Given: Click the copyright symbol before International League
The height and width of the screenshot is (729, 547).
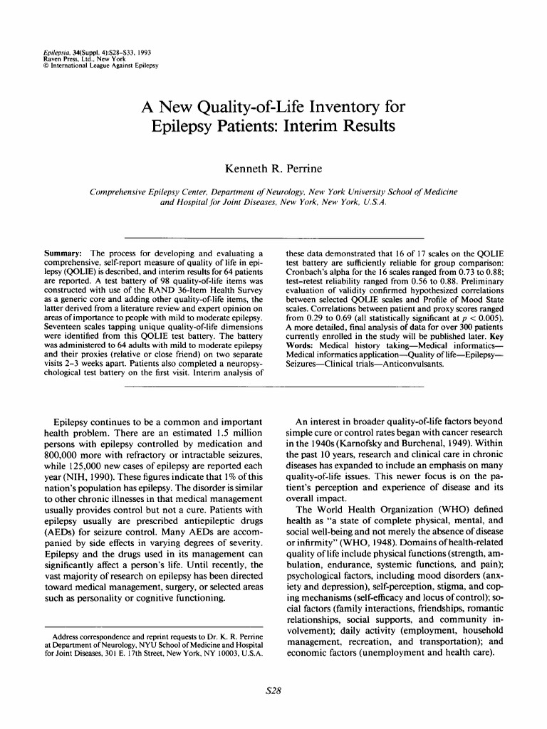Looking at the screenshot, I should pos(46,66).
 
